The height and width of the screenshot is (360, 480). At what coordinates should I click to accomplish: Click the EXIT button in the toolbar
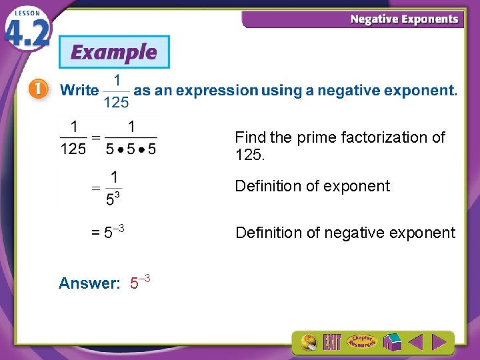click(x=332, y=343)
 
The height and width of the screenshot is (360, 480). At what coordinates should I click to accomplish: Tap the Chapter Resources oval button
click(x=361, y=342)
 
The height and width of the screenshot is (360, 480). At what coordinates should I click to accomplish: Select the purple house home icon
click(x=391, y=343)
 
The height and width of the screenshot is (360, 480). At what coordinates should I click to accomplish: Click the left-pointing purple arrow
click(x=415, y=343)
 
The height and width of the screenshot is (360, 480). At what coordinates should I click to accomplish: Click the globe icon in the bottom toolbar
click(x=309, y=343)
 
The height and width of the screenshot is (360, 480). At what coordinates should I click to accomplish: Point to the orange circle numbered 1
click(x=38, y=90)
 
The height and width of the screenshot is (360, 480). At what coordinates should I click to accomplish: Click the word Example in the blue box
click(x=114, y=52)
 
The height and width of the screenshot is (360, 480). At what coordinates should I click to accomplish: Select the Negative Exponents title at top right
click(x=405, y=19)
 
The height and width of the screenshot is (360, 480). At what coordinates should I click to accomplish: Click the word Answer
click(x=89, y=283)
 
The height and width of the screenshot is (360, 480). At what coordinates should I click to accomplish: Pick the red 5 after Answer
click(x=134, y=284)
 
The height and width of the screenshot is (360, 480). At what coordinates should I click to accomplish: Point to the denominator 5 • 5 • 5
click(x=131, y=149)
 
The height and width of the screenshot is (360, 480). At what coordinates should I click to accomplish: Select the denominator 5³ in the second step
click(x=114, y=198)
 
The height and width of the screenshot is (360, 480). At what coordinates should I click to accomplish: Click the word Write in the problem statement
click(x=79, y=91)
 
